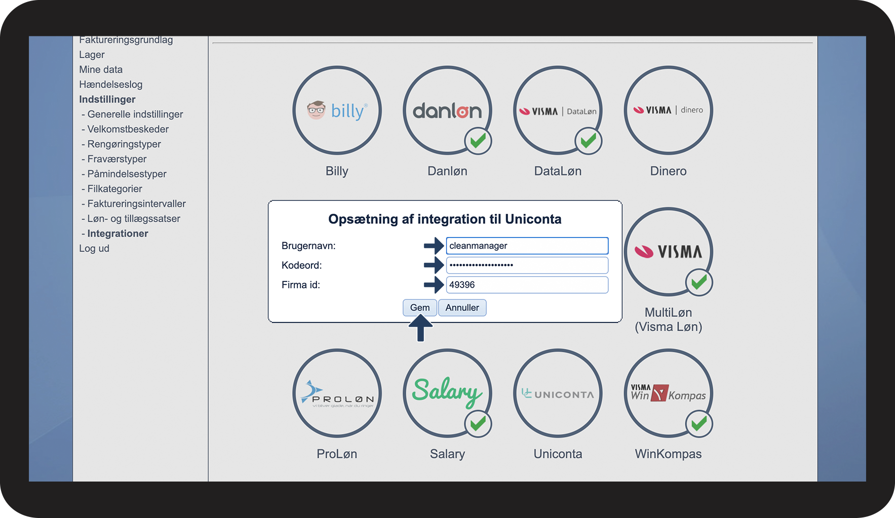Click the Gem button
[x=419, y=308]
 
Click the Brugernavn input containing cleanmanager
[x=527, y=246]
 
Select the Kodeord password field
[x=527, y=265]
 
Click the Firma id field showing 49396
[x=527, y=285]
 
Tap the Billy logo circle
[x=337, y=110]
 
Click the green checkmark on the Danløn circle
[x=478, y=141]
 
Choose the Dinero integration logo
[x=668, y=110]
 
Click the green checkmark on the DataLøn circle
[x=589, y=141]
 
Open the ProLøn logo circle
[x=337, y=393]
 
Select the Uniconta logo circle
[x=558, y=393]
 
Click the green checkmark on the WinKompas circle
[x=699, y=424]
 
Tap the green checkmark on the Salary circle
[x=478, y=424]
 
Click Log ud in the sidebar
[x=94, y=249]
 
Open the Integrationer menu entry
[x=118, y=233]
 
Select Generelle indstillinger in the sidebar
[x=135, y=114]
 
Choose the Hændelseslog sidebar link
[x=111, y=85]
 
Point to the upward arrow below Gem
[x=420, y=328]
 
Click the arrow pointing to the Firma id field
[x=434, y=285]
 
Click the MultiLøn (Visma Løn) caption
[x=668, y=320]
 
